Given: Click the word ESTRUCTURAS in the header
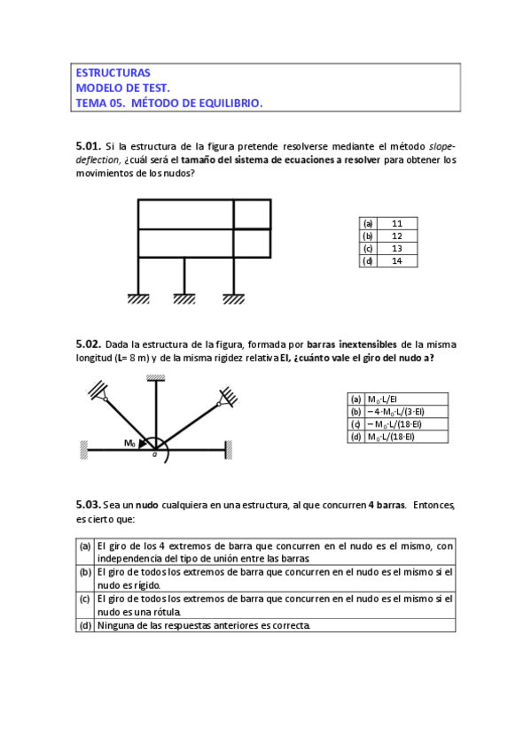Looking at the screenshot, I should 113,73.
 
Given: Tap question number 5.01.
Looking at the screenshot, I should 88,145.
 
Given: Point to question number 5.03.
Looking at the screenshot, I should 88,504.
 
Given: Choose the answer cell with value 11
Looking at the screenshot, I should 396,224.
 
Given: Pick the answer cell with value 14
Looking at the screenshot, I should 396,260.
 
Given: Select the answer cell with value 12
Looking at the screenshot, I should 396,236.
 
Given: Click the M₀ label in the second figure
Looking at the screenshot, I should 129,442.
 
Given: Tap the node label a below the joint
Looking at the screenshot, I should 154,456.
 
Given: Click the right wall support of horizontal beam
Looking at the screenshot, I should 229,450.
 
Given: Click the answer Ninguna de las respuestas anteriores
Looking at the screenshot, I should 204,625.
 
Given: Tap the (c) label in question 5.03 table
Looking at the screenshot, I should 85,600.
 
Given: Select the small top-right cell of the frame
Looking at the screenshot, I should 252,214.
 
